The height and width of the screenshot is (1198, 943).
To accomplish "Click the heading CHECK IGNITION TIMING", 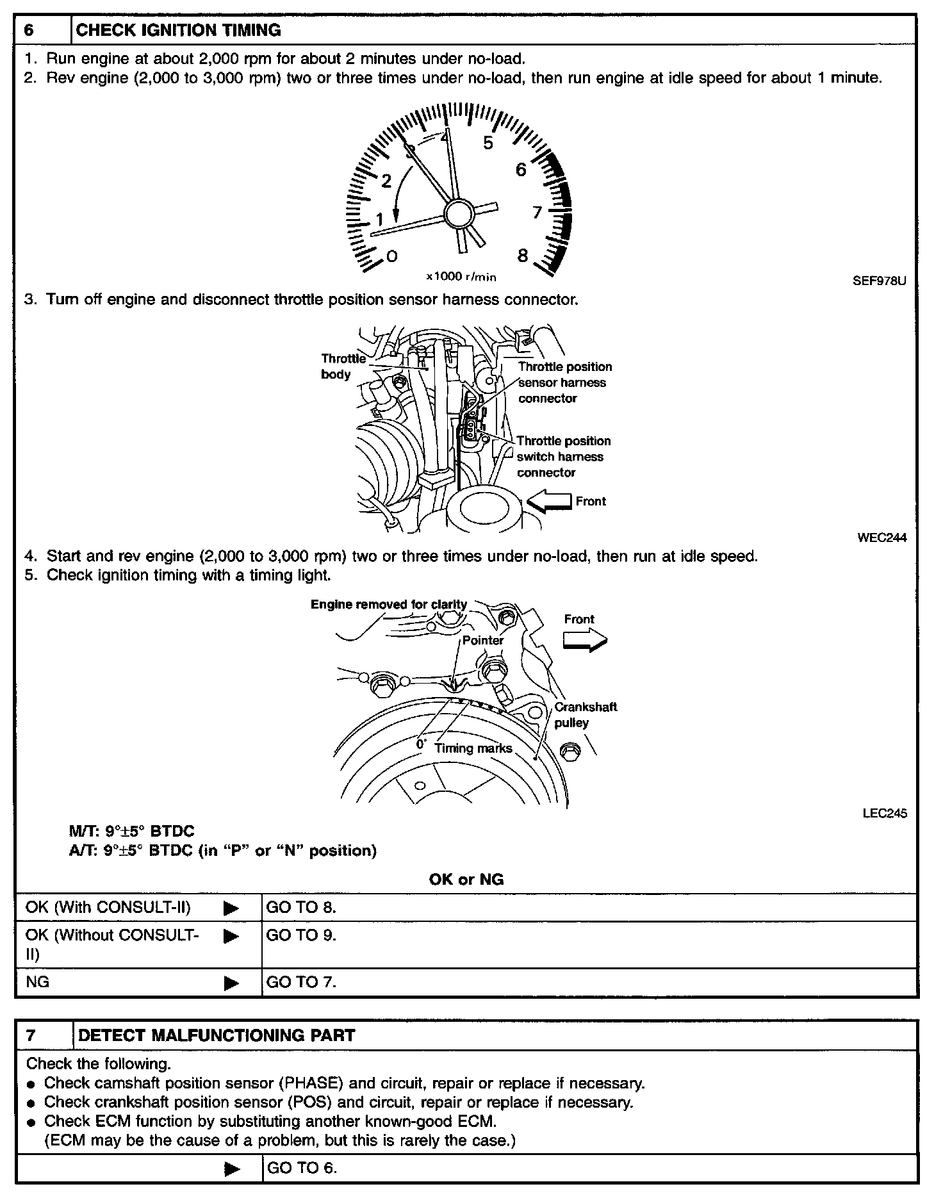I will pyautogui.click(x=178, y=30).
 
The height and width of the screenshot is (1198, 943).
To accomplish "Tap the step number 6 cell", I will pyautogui.click(x=29, y=30).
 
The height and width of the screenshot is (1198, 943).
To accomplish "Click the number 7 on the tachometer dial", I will pyautogui.click(x=537, y=213).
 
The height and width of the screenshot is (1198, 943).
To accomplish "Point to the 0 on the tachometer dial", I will pyautogui.click(x=391, y=256).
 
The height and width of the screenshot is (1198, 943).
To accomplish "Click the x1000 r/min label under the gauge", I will pyautogui.click(x=461, y=277).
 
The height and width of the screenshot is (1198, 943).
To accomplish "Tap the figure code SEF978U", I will pyautogui.click(x=879, y=281).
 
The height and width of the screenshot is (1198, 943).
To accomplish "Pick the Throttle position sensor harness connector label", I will pyautogui.click(x=564, y=382).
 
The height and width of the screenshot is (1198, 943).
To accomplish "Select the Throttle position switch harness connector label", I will pyautogui.click(x=564, y=457).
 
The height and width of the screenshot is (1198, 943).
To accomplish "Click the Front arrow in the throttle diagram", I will pyautogui.click(x=548, y=502).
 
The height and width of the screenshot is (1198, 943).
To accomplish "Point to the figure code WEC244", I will pyautogui.click(x=881, y=538).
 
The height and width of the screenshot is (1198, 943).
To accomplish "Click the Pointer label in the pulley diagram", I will pyautogui.click(x=483, y=640).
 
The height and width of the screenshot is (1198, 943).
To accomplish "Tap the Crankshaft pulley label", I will pyautogui.click(x=584, y=715).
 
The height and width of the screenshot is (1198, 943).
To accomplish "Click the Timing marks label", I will pyautogui.click(x=473, y=748).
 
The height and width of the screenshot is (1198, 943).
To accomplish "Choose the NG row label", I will pyautogui.click(x=37, y=982).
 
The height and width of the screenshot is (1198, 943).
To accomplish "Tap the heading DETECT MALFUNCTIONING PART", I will pyautogui.click(x=215, y=1035).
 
